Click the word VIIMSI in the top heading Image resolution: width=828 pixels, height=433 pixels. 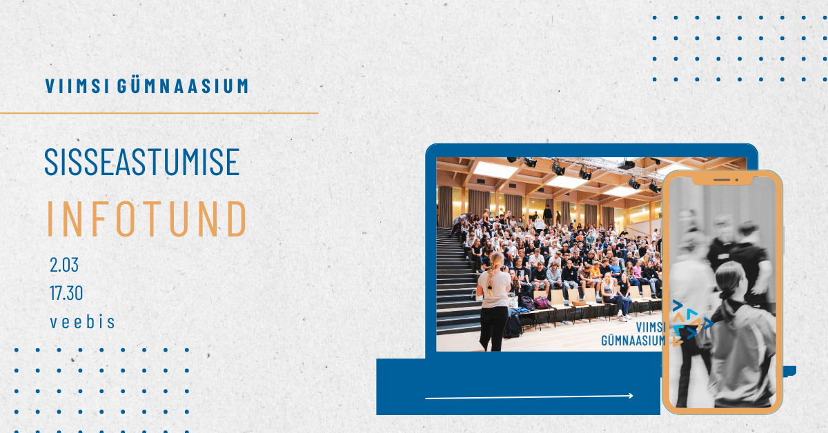(77, 85)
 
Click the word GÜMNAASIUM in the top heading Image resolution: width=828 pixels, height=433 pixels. (183, 85)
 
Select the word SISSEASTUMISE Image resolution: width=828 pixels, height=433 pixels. (142, 162)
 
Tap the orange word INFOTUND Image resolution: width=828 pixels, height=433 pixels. (147, 219)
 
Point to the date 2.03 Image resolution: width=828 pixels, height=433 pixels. (64, 265)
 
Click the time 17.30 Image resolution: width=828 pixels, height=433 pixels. (66, 293)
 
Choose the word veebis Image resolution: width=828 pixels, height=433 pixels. (82, 322)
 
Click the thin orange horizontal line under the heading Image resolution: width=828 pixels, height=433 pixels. (159, 113)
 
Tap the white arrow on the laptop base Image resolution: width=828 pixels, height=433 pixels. (529, 396)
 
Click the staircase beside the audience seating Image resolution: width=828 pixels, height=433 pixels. (457, 281)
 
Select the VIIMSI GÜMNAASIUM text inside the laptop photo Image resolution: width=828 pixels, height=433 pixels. (633, 334)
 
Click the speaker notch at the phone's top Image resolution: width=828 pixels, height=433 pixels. (722, 180)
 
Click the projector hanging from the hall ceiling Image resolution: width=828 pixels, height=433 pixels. (627, 164)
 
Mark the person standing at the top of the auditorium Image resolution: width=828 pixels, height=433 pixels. (547, 214)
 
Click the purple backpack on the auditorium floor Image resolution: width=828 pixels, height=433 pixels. (542, 303)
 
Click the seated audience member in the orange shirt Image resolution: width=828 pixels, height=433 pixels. (596, 274)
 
